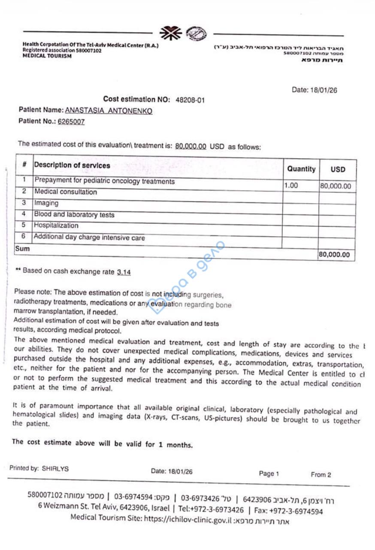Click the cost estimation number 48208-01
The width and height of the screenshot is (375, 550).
(190, 100)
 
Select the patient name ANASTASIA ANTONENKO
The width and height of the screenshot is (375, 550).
(109, 111)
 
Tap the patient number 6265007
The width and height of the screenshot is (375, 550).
(71, 122)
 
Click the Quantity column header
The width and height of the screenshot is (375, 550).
(301, 169)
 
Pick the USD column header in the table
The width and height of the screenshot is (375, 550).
(338, 170)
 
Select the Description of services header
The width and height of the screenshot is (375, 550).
(72, 165)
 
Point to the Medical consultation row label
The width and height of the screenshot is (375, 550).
(66, 192)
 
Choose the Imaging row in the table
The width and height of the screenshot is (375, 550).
(46, 203)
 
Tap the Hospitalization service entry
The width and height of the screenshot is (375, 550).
(56, 226)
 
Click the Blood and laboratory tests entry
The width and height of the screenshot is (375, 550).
(74, 215)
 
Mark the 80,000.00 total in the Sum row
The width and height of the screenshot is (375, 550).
(334, 254)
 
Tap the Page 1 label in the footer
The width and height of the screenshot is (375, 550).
(269, 474)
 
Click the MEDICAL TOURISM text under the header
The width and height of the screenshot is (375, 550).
(47, 56)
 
